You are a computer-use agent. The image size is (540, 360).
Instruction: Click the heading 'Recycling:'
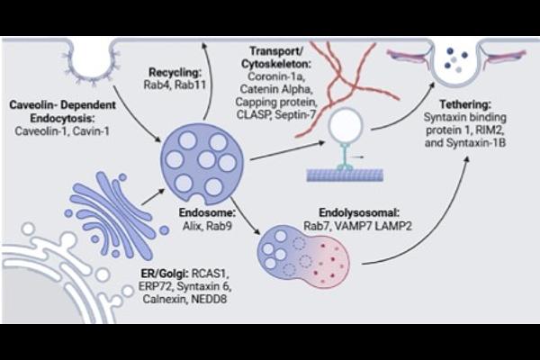click(175, 72)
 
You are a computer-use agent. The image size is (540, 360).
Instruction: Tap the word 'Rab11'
click(190, 85)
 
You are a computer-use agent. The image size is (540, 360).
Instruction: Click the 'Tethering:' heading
click(465, 104)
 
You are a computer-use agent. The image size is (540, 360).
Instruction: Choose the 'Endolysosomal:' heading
click(359, 212)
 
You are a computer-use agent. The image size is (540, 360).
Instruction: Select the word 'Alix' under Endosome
click(192, 226)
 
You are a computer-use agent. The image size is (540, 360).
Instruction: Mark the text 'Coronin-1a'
click(274, 76)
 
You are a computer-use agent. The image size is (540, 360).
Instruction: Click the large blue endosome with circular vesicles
click(202, 165)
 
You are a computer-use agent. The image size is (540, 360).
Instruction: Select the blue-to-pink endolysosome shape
click(303, 256)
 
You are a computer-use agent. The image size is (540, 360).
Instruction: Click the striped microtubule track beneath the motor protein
click(345, 175)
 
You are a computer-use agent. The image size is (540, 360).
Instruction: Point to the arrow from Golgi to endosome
click(153, 197)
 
